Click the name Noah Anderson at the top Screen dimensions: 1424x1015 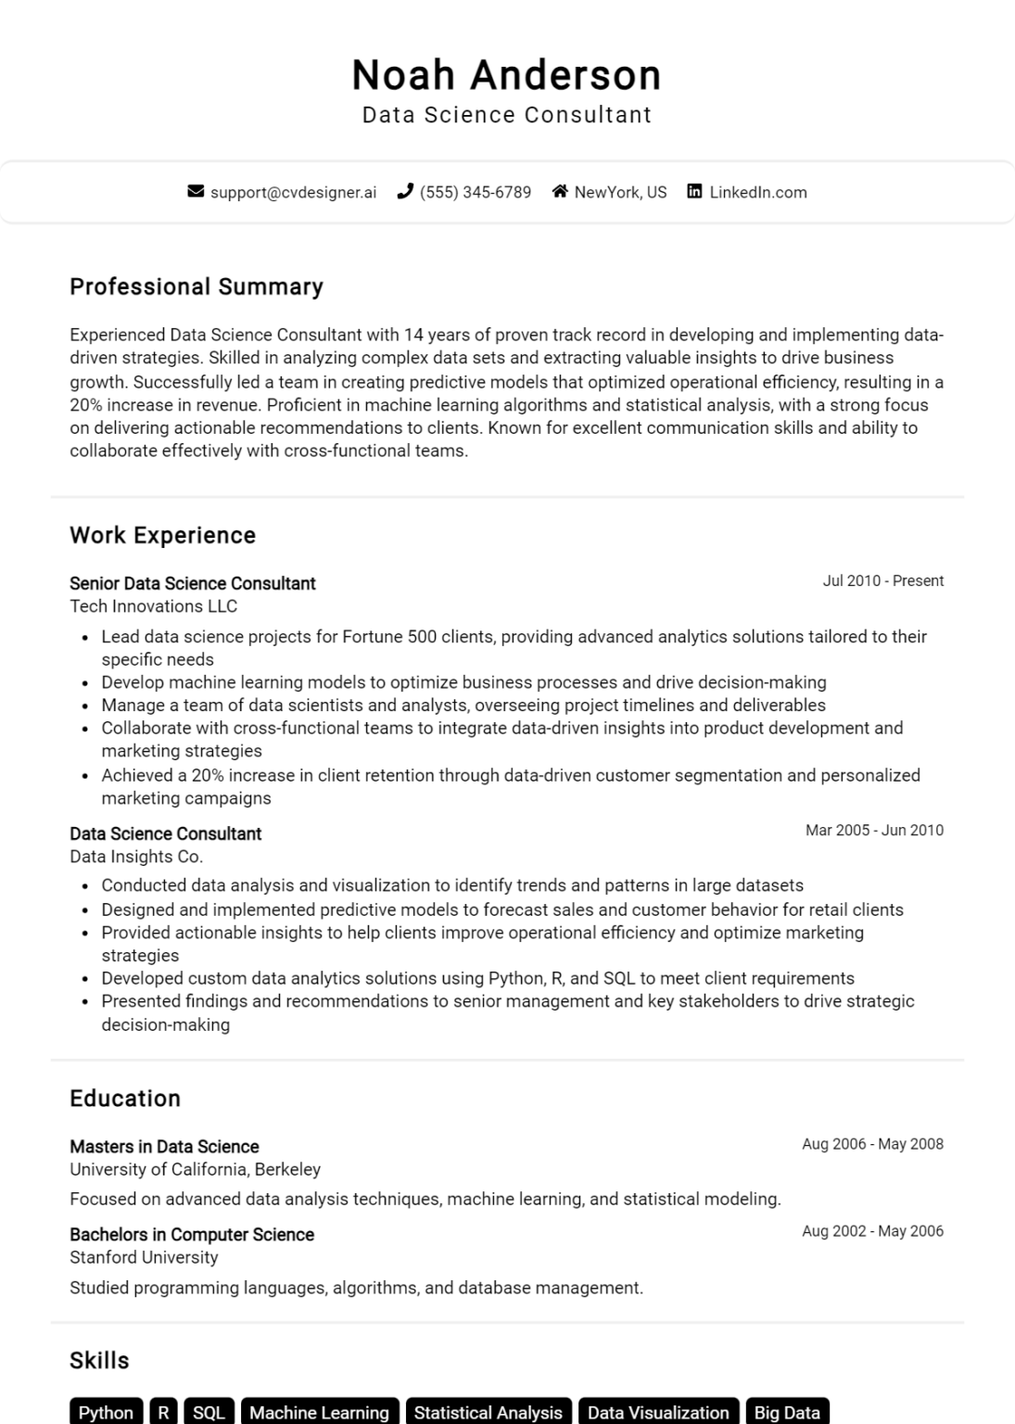click(506, 75)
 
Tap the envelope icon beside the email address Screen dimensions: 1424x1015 click(196, 192)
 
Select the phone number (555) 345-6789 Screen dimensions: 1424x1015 click(475, 192)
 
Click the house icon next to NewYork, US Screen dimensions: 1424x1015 click(560, 192)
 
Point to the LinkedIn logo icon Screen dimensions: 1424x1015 click(694, 192)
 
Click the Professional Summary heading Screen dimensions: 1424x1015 click(197, 286)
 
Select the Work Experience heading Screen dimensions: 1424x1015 click(162, 535)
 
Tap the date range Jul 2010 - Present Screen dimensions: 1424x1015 click(882, 581)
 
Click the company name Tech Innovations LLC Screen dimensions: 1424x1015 click(153, 606)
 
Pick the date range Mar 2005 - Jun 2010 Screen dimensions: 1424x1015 click(874, 831)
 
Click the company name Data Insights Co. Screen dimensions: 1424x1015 click(136, 857)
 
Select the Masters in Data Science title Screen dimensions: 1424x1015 click(164, 1147)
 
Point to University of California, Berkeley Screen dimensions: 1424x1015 click(195, 1169)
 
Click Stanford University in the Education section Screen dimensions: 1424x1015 click(144, 1257)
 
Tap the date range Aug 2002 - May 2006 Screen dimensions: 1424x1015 click(872, 1231)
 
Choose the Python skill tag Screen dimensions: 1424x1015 click(106, 1412)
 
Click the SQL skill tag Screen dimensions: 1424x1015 click(209, 1412)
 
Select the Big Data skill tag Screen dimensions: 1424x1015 click(786, 1412)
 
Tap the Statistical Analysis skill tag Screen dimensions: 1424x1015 click(488, 1412)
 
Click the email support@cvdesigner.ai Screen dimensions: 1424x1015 click(293, 192)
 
